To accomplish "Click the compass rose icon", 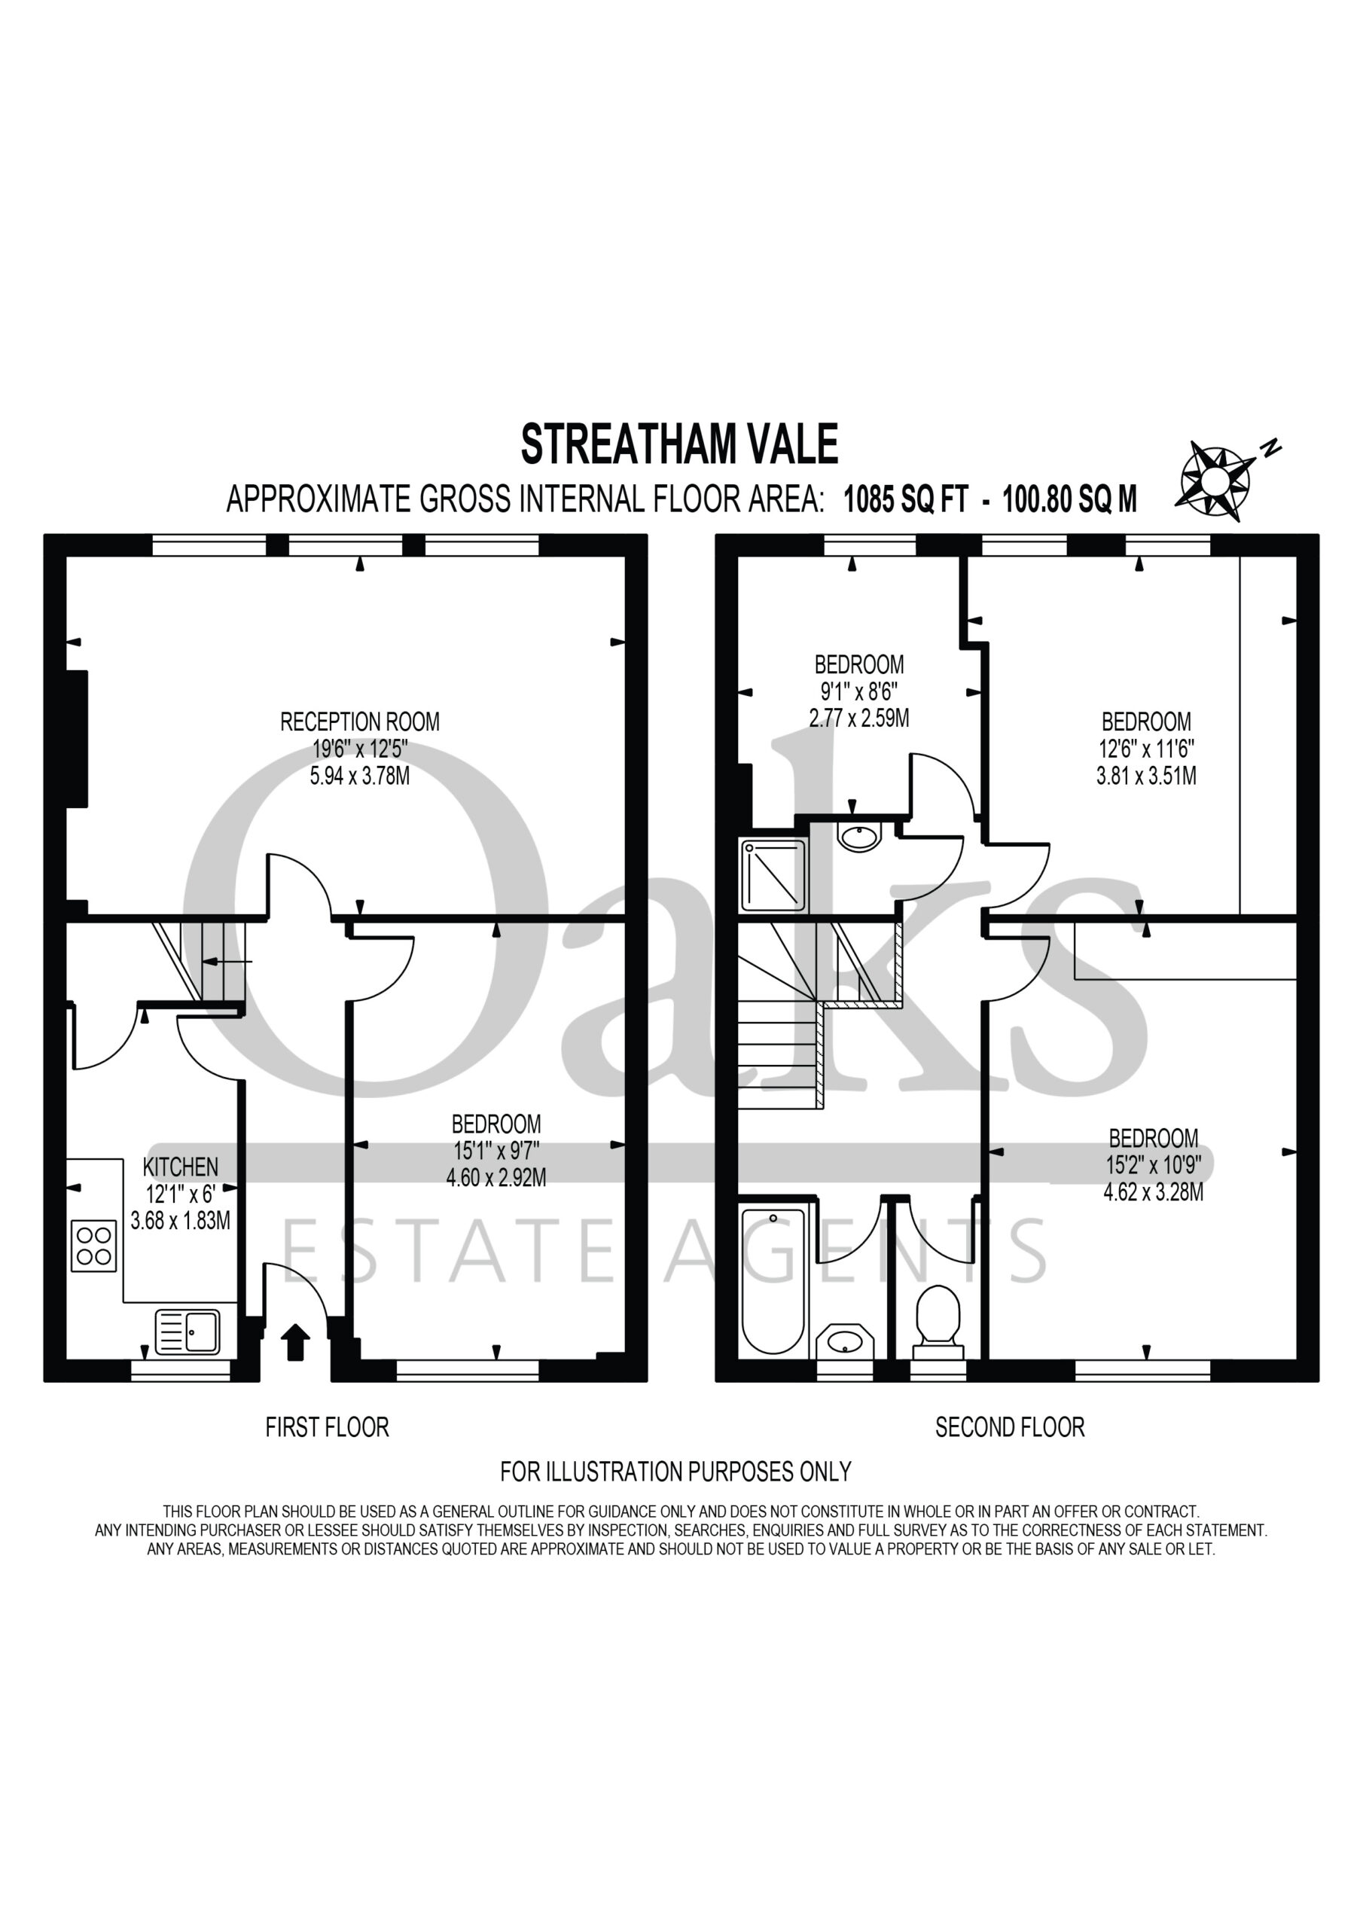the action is [x=1215, y=480].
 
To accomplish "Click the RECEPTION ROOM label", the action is [x=359, y=721].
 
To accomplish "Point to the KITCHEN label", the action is [x=181, y=1167].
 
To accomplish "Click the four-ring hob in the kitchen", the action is [x=94, y=1246].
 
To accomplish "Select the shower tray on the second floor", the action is [x=773, y=875].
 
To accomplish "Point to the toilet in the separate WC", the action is [x=938, y=1322].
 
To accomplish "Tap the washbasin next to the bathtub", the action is [x=845, y=1341].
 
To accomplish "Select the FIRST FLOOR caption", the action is [x=328, y=1426].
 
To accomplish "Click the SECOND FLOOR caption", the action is [x=1011, y=1426].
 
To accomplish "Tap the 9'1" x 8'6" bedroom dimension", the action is [x=859, y=692].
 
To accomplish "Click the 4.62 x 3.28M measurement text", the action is [x=1153, y=1191].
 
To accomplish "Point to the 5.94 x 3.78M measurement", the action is [x=359, y=775].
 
